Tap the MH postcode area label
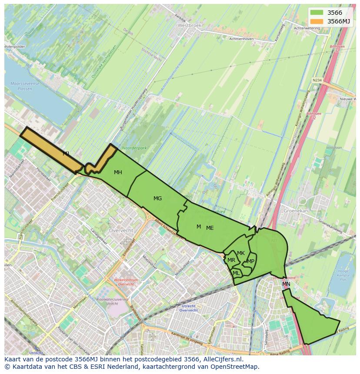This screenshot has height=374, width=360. [118, 172]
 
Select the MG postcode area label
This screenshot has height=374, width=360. [157, 199]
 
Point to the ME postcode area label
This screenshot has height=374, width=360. [210, 228]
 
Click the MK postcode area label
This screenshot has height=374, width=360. [241, 253]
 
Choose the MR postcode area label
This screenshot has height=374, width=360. [231, 260]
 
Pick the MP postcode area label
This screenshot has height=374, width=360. [250, 261]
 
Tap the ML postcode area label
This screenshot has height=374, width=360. [236, 273]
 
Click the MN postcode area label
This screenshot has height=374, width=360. [286, 284]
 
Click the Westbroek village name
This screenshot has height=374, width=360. [190, 26]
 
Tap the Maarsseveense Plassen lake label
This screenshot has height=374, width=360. [24, 85]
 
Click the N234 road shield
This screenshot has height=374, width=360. [317, 80]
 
